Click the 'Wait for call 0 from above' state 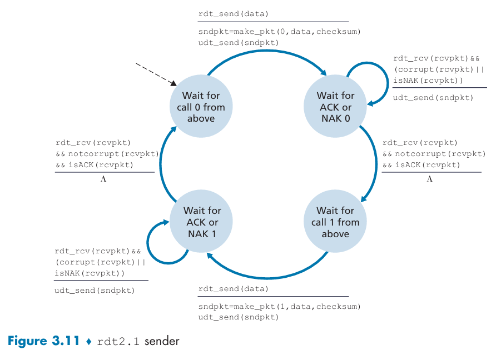click(x=201, y=106)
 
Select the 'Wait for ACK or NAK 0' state click(x=335, y=106)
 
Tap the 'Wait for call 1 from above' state click(x=335, y=221)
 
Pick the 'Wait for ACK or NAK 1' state click(x=201, y=221)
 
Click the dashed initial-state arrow click(x=156, y=74)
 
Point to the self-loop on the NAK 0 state click(x=387, y=83)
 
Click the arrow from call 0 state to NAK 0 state click(x=267, y=51)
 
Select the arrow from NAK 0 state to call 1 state click(x=376, y=164)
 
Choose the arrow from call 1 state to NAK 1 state click(x=267, y=278)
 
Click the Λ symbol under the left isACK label click(x=103, y=179)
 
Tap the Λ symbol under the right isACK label click(x=429, y=179)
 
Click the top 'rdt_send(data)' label click(x=234, y=14)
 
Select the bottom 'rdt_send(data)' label click(x=234, y=289)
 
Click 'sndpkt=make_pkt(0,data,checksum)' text click(x=280, y=32)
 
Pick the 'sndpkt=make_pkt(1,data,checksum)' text click(x=280, y=307)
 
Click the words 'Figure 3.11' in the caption click(x=44, y=341)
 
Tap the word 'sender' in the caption click(x=162, y=341)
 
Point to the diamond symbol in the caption click(x=89, y=341)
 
